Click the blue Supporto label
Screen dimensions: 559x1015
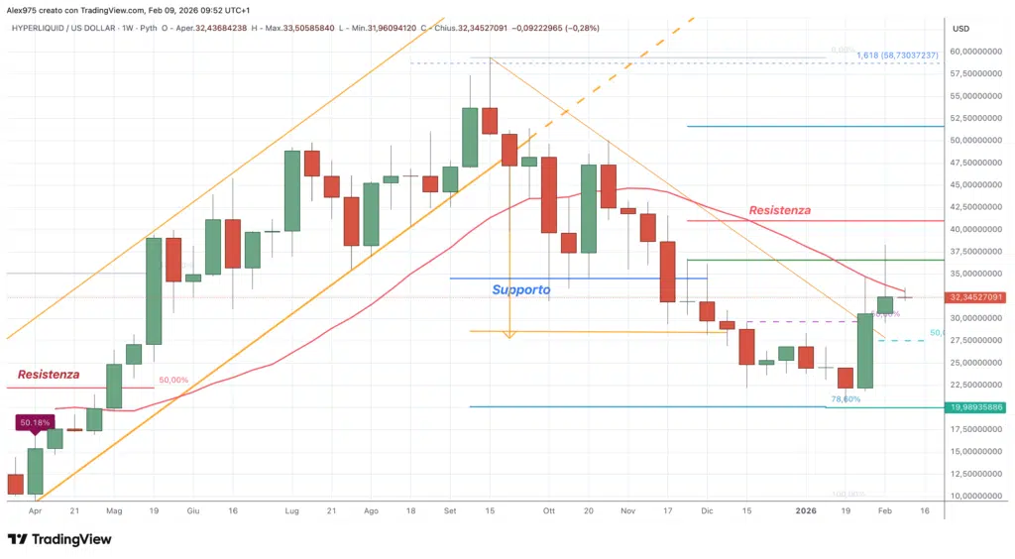pyautogui.click(x=520, y=290)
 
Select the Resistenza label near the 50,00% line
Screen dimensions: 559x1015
pyautogui.click(x=48, y=375)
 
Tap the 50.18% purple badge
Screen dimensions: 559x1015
pyautogui.click(x=35, y=423)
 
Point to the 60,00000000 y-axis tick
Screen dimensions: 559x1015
pyautogui.click(x=975, y=52)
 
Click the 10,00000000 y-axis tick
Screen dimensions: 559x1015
pyautogui.click(x=975, y=496)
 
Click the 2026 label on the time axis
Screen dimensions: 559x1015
pyautogui.click(x=806, y=511)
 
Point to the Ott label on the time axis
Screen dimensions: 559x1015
pyautogui.click(x=549, y=511)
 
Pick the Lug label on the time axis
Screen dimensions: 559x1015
pyautogui.click(x=291, y=511)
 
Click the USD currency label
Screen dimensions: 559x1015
pyautogui.click(x=959, y=28)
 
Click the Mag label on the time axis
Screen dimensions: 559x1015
pyautogui.click(x=114, y=511)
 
